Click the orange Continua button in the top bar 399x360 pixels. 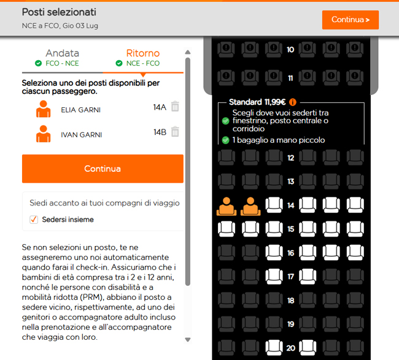coord(350,20)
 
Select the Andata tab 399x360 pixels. coord(61,53)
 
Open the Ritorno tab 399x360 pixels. coord(142,53)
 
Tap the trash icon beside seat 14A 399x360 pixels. coord(175,107)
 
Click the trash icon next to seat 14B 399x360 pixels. coord(175,131)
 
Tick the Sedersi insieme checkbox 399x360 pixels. coord(34,220)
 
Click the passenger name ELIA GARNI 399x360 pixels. coord(80,110)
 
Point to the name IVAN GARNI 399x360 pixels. coord(81,135)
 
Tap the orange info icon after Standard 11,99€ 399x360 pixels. coord(293,102)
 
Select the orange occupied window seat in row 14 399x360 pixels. coord(227,206)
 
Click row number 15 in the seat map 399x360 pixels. coord(290,229)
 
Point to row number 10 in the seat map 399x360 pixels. coord(290,49)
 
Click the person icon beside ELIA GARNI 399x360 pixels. coord(43,109)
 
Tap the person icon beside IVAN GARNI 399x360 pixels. coord(43,134)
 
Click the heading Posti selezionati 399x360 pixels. coord(59,12)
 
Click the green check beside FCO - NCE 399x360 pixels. coord(38,63)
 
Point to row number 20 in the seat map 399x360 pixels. coord(290,348)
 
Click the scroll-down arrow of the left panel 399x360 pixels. coord(188,339)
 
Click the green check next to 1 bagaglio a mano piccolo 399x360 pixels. coord(225,140)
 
